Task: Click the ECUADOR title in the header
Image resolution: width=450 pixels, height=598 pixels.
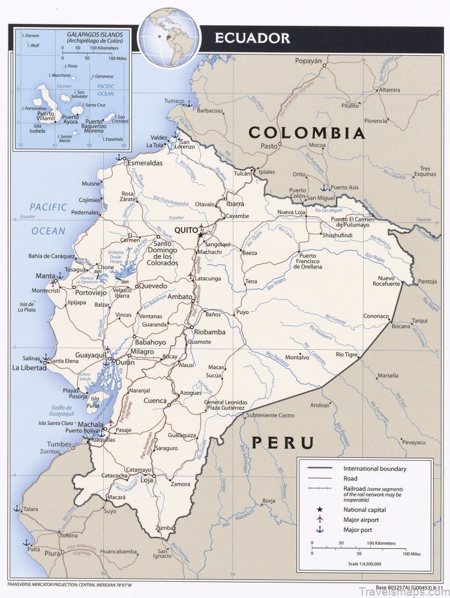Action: click(x=253, y=38)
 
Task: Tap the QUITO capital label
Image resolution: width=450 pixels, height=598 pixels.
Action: click(x=185, y=229)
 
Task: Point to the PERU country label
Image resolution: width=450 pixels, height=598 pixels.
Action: click(x=283, y=443)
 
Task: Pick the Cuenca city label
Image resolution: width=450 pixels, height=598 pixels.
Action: click(x=155, y=400)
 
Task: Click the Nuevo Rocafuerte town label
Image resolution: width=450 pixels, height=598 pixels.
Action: click(x=389, y=282)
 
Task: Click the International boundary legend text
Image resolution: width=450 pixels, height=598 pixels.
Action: click(x=374, y=469)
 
